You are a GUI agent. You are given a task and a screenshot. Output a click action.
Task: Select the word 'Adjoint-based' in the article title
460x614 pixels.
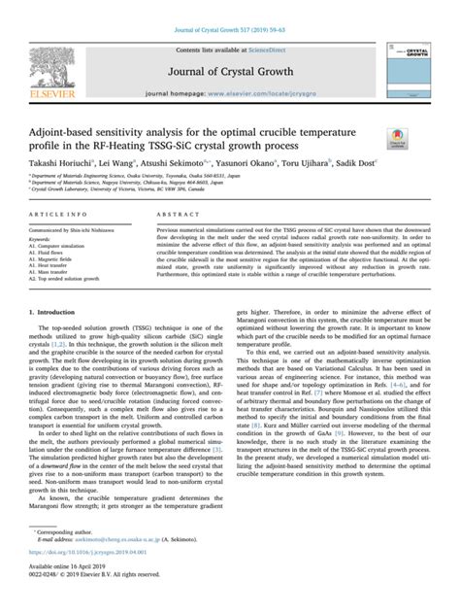point(70,129)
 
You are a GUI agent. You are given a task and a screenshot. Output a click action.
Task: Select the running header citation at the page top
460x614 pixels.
point(229,10)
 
